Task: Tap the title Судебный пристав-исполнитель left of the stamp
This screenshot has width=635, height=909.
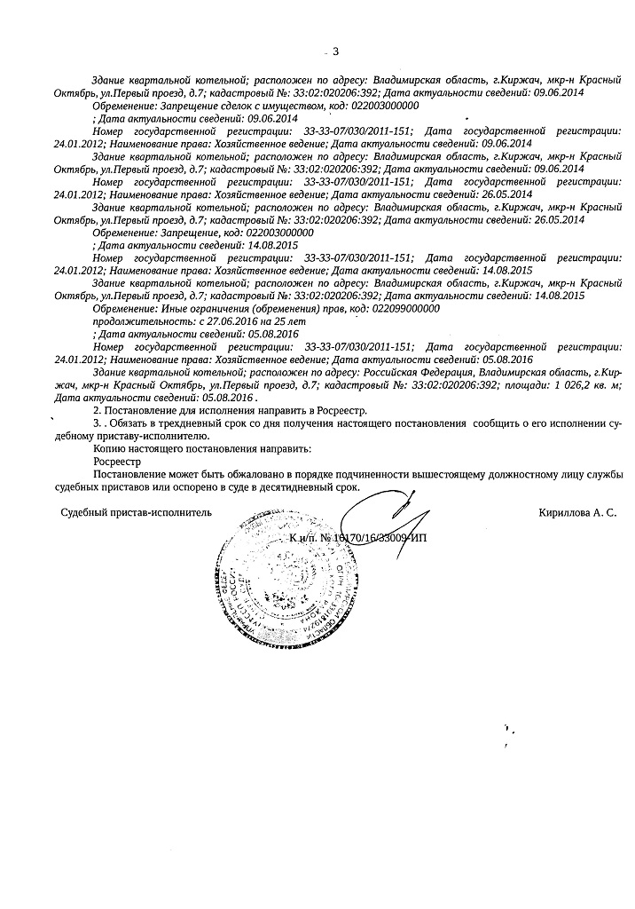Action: click(137, 513)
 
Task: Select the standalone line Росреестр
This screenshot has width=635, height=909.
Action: click(116, 462)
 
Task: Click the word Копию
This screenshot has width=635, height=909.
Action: click(108, 449)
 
